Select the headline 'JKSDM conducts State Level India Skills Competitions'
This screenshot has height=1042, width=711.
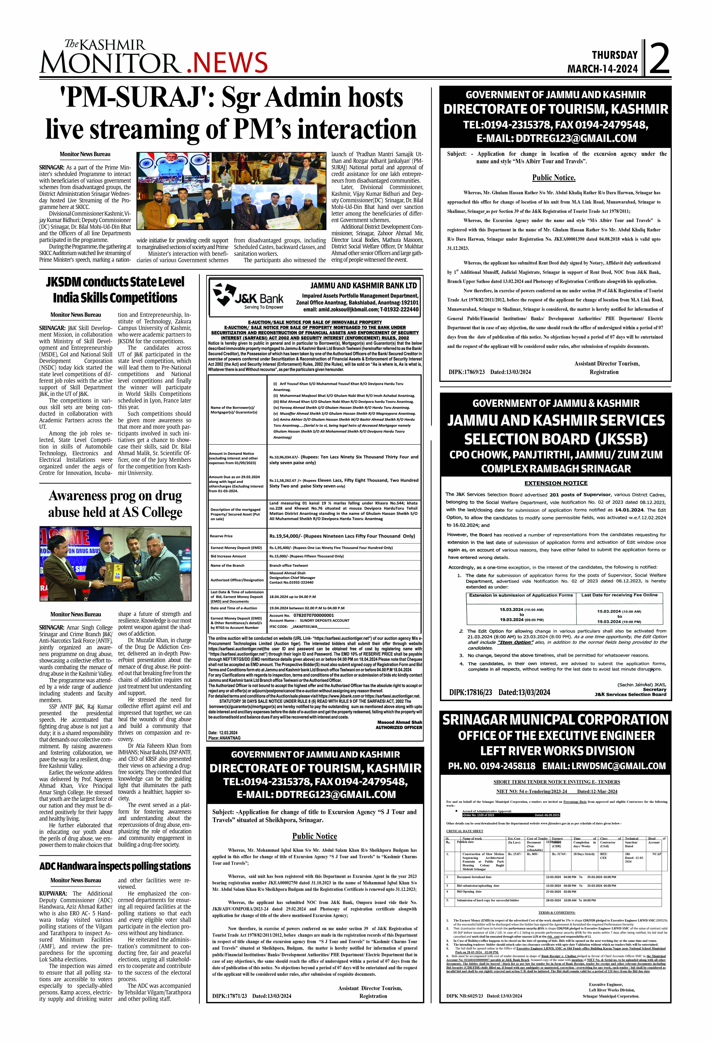point(115,290)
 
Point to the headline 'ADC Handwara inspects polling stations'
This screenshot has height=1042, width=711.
point(115,866)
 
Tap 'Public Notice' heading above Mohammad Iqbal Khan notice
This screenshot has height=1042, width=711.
point(315,836)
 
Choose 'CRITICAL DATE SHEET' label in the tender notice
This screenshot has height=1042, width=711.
point(465,831)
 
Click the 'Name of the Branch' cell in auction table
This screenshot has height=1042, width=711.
point(227,565)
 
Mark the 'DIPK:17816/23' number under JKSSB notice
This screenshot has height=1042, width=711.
point(470,692)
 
